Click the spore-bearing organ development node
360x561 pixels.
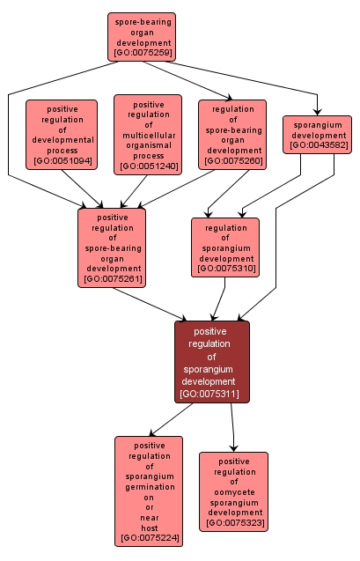[142, 36]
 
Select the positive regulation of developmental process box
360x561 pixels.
[61, 134]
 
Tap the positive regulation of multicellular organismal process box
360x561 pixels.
[147, 134]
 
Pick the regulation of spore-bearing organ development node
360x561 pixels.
[232, 134]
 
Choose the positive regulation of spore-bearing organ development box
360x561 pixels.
[112, 247]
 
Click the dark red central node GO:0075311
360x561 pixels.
[211, 362]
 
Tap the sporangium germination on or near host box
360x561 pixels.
[148, 491]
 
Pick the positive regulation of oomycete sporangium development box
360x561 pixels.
[233, 491]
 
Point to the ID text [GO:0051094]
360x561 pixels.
[61, 162]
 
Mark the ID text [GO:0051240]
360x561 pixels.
[147, 166]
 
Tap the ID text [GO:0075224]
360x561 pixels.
[148, 536]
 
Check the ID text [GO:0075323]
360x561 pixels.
[233, 524]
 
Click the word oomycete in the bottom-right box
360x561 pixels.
[233, 492]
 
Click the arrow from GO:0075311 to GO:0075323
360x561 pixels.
[232, 427]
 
